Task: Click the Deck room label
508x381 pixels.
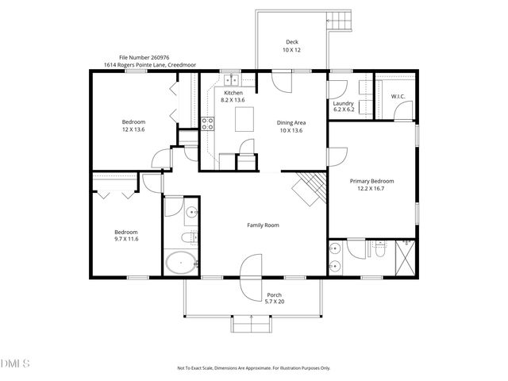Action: (x=291, y=42)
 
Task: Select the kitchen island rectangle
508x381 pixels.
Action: (x=245, y=120)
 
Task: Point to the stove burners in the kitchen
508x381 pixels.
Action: (x=207, y=123)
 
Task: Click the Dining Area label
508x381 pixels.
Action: (x=291, y=122)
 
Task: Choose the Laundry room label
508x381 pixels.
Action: (x=343, y=103)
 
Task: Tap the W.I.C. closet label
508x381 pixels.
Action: (x=398, y=97)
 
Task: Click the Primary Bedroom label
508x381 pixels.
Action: (x=372, y=181)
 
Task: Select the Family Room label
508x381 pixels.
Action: (x=263, y=225)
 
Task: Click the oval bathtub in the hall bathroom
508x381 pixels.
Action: (x=181, y=263)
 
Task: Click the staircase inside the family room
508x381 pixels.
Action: (x=310, y=188)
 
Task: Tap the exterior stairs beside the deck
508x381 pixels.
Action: (x=339, y=19)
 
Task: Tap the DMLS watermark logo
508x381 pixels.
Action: (x=15, y=364)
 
